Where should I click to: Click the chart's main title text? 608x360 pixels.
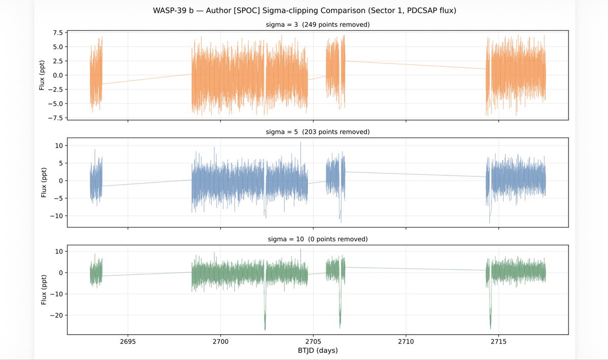click(x=305, y=10)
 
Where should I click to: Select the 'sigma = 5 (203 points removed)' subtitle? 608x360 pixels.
click(x=318, y=132)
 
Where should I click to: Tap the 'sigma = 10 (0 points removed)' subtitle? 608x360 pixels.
click(x=318, y=239)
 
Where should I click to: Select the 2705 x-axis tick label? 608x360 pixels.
click(x=313, y=341)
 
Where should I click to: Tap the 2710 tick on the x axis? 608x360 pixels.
click(x=406, y=341)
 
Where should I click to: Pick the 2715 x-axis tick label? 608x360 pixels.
click(x=499, y=341)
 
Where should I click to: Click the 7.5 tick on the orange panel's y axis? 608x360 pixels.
click(x=54, y=32)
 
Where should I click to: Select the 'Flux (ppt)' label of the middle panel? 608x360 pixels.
click(x=43, y=181)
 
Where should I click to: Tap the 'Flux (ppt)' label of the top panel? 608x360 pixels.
click(x=43, y=75)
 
